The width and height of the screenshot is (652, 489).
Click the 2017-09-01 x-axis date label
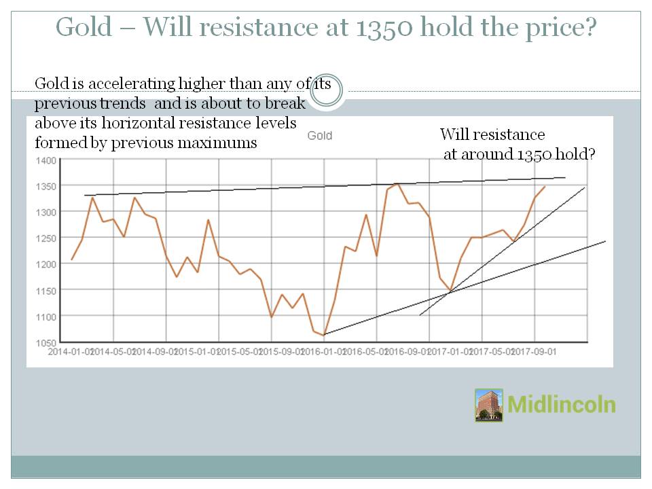click(535, 352)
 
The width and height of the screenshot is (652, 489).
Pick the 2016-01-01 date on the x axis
click(324, 352)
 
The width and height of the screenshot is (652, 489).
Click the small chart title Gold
click(319, 136)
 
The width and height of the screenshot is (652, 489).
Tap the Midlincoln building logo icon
click(489, 405)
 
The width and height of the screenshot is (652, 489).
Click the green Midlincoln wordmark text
click(562, 405)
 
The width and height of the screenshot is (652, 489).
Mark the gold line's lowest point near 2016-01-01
click(324, 334)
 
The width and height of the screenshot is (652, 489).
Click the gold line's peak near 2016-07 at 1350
click(397, 184)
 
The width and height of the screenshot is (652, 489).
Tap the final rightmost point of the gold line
click(545, 186)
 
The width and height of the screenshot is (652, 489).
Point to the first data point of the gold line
click(72, 260)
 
